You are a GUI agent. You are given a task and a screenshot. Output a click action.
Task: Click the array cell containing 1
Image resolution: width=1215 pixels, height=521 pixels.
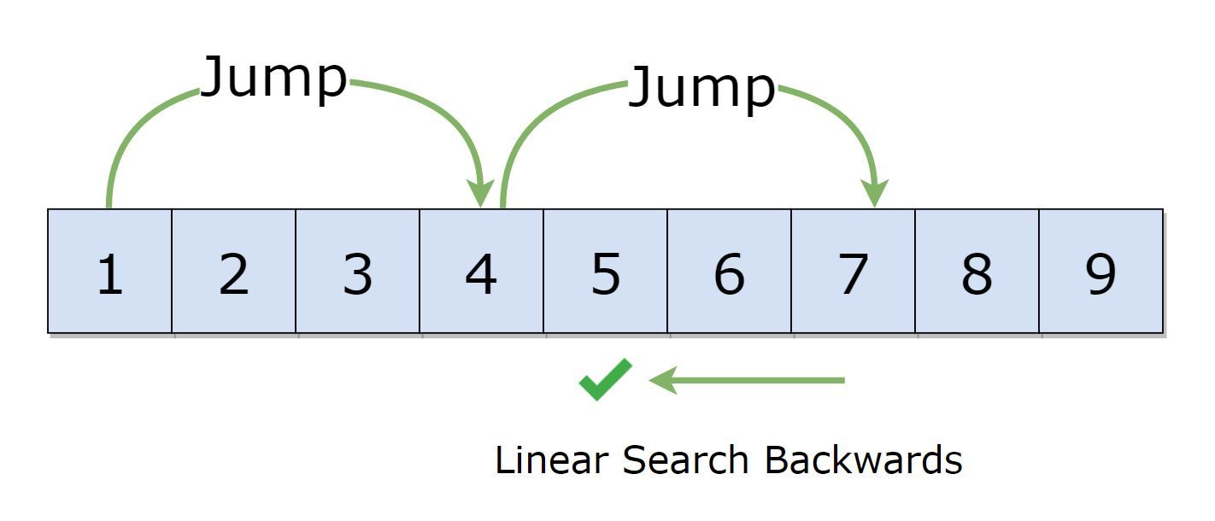[109, 271]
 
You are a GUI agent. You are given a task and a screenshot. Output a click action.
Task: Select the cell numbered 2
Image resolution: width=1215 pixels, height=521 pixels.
[233, 271]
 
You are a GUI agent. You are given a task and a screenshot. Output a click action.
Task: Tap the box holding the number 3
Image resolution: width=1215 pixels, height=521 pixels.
[357, 271]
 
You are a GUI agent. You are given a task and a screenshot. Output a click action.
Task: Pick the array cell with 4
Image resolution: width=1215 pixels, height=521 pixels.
[481, 271]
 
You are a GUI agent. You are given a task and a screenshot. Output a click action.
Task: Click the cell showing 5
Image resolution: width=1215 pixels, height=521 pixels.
[605, 271]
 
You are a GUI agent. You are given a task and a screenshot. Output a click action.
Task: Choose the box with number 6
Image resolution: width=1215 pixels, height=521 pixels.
[729, 271]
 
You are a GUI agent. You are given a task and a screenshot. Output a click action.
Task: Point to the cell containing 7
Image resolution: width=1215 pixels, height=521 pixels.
[853, 271]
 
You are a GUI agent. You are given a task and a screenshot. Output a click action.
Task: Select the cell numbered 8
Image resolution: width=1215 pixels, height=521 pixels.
[977, 271]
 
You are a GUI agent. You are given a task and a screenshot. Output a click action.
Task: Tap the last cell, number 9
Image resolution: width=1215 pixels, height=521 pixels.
[1101, 271]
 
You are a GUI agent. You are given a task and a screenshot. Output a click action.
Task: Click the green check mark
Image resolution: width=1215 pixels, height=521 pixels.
[605, 380]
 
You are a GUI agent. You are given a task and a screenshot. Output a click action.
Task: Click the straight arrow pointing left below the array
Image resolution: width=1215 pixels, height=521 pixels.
[748, 380]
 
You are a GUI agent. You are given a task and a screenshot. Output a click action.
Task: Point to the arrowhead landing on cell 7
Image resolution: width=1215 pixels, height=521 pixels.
[875, 192]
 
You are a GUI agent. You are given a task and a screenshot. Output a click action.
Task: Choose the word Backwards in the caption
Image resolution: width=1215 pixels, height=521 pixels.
[863, 460]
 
